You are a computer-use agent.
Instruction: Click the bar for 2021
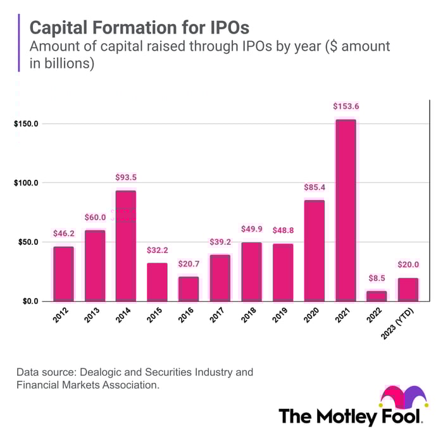(x=346, y=210)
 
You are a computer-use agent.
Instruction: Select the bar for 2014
(x=125, y=246)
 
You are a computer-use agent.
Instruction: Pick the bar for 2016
(x=188, y=289)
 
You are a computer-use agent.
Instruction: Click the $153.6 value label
(x=346, y=106)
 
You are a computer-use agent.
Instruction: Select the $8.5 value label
(x=377, y=278)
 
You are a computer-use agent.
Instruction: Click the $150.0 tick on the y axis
(x=26, y=123)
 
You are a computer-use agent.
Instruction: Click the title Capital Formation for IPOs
(x=140, y=28)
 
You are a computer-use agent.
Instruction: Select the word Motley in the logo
(x=351, y=417)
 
